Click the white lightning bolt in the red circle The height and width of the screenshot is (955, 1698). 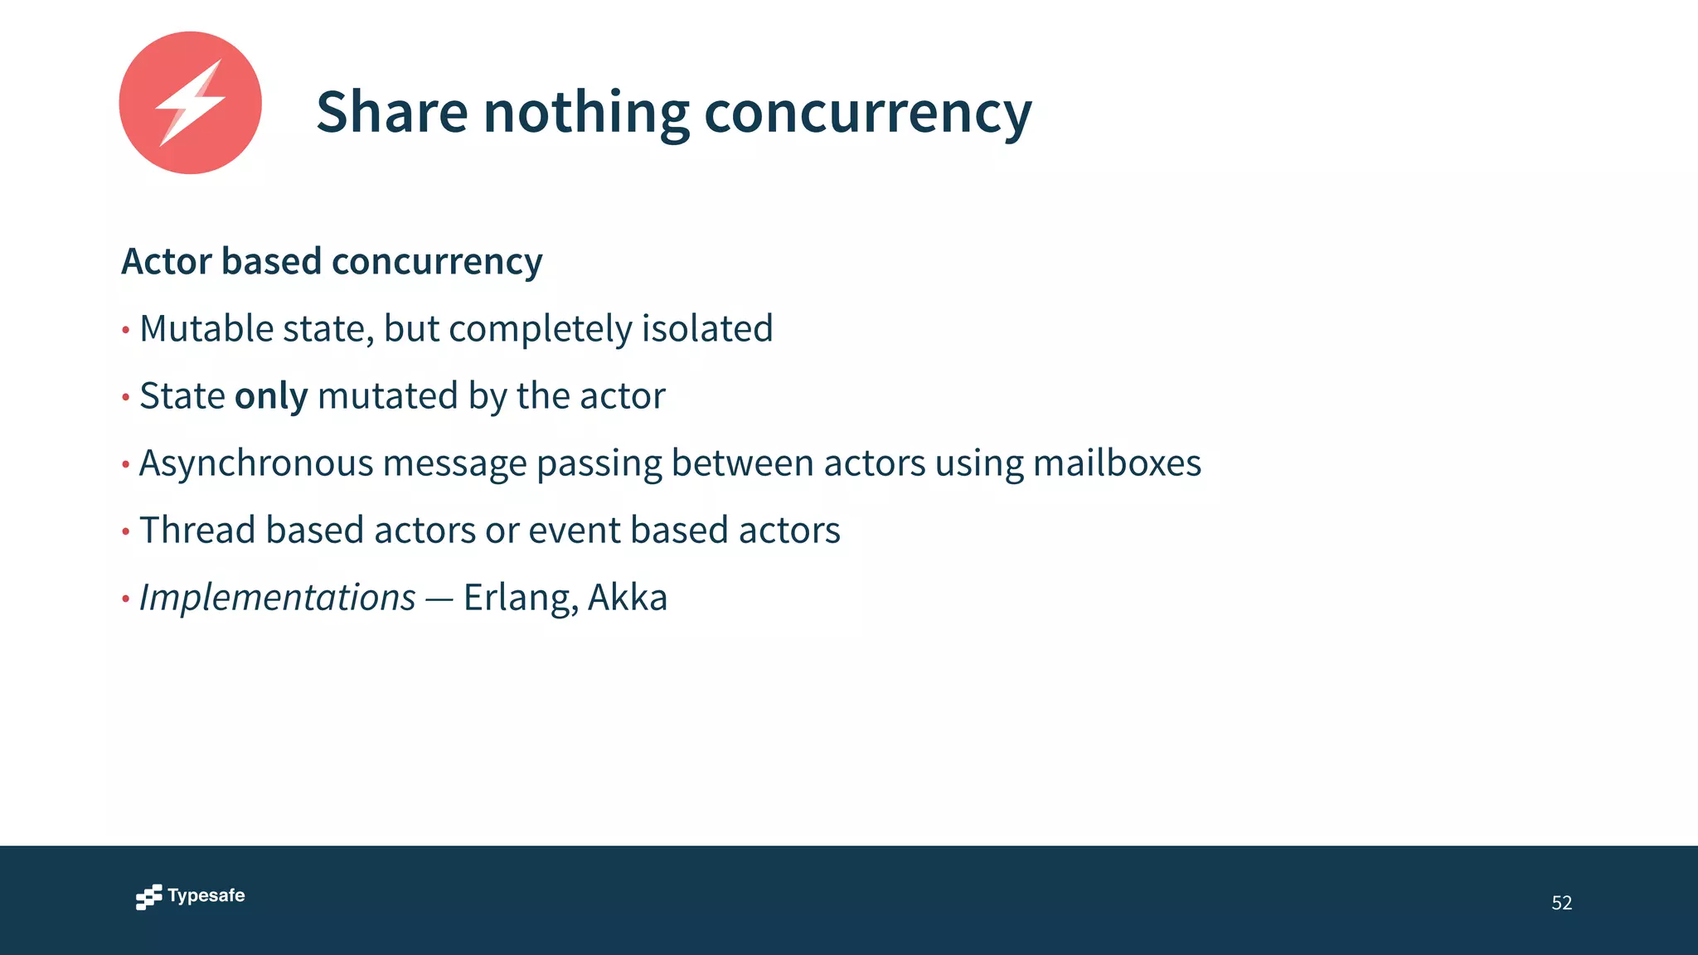click(x=191, y=104)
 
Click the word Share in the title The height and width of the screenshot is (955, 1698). click(x=391, y=112)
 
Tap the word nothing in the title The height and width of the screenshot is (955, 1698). click(x=585, y=112)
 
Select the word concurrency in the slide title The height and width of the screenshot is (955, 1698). click(x=867, y=112)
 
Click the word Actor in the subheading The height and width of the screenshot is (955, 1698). click(x=167, y=261)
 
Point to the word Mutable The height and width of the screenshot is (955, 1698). click(x=206, y=328)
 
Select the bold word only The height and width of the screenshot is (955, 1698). click(x=271, y=396)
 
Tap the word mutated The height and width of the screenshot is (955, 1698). click(x=387, y=396)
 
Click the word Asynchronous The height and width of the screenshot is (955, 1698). click(x=256, y=463)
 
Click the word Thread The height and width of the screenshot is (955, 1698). click(x=197, y=531)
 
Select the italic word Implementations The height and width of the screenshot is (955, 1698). click(x=277, y=598)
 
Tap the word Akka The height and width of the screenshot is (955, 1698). click(x=628, y=598)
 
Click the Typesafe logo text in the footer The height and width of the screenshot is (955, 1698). click(x=206, y=896)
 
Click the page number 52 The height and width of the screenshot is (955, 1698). click(x=1561, y=903)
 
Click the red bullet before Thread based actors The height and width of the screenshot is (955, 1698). click(x=126, y=531)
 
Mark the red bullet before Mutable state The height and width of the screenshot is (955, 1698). click(x=126, y=330)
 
